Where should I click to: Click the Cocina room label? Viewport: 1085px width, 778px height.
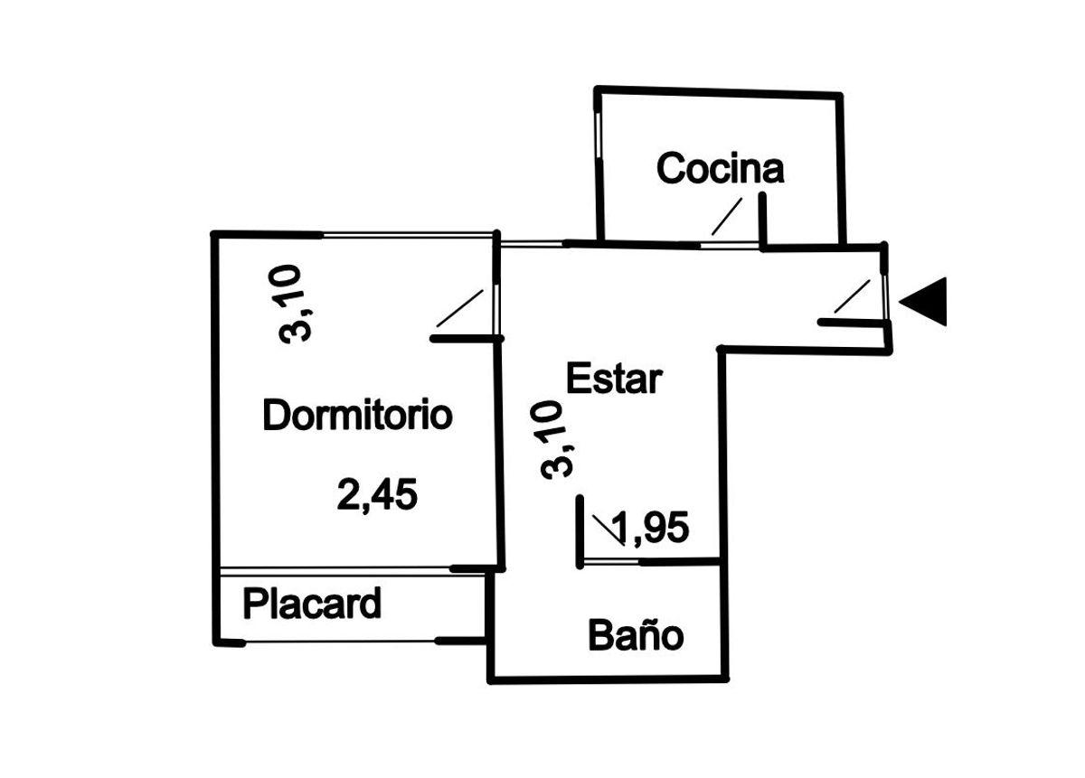coord(720,168)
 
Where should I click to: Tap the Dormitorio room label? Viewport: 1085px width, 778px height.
coord(357,415)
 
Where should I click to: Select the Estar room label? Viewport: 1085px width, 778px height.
coord(614,379)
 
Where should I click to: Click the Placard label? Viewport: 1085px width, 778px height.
coord(312,604)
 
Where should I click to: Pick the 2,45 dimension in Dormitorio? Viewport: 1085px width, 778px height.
coord(377,495)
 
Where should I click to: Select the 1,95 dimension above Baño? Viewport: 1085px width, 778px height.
coord(650,527)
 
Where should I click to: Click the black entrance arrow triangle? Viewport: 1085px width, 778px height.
coord(923,302)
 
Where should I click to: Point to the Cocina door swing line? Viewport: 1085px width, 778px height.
coord(727,216)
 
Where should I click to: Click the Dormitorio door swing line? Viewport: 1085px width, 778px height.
coord(459,308)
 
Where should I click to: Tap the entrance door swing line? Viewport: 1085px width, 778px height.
coord(852,296)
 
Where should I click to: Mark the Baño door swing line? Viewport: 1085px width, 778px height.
coord(609,530)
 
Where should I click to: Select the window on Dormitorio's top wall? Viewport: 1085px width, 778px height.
coord(408,236)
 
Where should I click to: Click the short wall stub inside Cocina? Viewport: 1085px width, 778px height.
coord(763,220)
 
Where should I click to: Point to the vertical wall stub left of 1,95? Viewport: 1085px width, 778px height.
coord(580,531)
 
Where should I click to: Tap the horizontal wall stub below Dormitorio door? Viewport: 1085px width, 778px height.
coord(467,339)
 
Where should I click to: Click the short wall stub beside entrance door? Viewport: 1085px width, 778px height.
coord(854,323)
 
